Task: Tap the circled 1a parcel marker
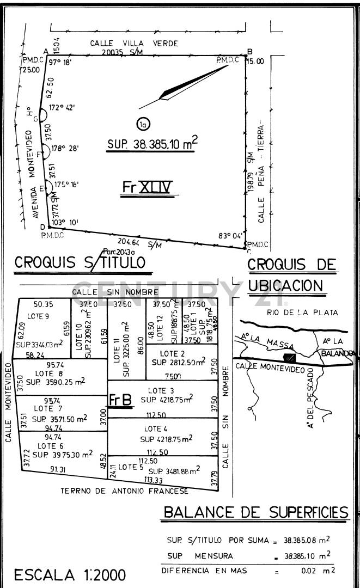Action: point(143,124)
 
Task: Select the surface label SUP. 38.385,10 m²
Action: point(152,144)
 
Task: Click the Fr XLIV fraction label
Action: point(147,188)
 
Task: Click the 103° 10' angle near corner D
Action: point(67,222)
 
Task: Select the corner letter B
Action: point(249,52)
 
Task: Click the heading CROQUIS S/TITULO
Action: point(80,262)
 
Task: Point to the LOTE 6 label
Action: point(50,445)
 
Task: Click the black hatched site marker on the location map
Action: point(290,358)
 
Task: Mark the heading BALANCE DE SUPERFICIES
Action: point(256,512)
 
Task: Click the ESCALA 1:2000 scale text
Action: point(70,574)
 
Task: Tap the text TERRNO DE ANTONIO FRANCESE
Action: point(125,491)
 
